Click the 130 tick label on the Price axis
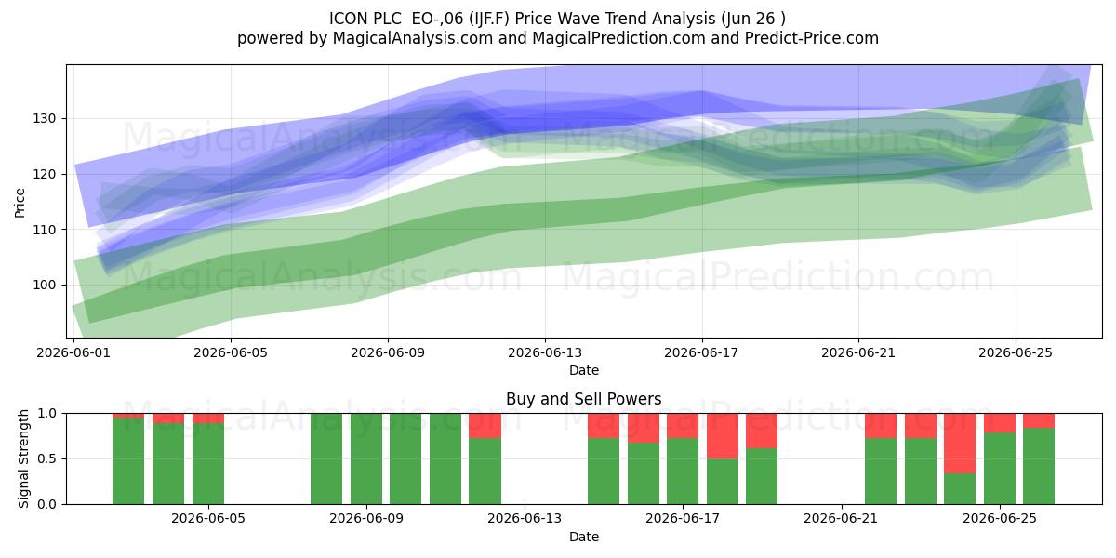(46, 119)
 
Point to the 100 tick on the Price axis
(46, 286)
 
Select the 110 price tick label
(46, 231)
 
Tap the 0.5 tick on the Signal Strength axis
(47, 458)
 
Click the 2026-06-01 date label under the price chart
(73, 353)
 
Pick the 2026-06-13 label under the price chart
(545, 353)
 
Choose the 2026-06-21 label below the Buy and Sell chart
(841, 519)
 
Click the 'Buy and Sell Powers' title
(584, 399)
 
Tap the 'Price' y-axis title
(20, 203)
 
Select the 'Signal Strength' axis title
(23, 458)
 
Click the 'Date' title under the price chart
(584, 370)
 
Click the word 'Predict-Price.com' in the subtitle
(812, 38)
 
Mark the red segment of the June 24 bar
(960, 444)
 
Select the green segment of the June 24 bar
(960, 489)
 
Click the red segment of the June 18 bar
(723, 436)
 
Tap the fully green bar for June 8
(326, 458)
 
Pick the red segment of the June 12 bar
(485, 426)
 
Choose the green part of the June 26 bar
(1039, 466)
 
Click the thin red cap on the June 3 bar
(128, 416)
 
